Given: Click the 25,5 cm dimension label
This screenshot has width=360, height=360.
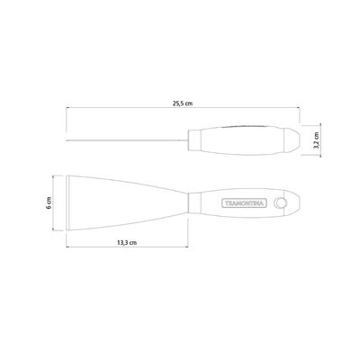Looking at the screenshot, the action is [x=183, y=103].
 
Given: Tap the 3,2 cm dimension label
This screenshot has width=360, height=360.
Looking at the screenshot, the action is [x=316, y=139].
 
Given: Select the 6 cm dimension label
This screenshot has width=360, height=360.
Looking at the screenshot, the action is [x=49, y=202].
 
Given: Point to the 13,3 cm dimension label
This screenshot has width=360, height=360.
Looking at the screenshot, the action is [x=127, y=242].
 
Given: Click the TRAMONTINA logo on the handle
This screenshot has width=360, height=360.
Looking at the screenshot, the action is [x=244, y=203].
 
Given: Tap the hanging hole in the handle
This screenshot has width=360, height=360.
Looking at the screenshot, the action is [x=281, y=203].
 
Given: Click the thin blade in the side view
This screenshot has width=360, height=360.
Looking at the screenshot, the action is [x=127, y=140].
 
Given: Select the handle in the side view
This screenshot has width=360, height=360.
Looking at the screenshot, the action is [x=244, y=140].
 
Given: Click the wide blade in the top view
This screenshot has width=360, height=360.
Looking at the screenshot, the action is [x=127, y=202].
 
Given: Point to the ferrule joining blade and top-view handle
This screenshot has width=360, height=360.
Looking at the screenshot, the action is [x=194, y=202].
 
